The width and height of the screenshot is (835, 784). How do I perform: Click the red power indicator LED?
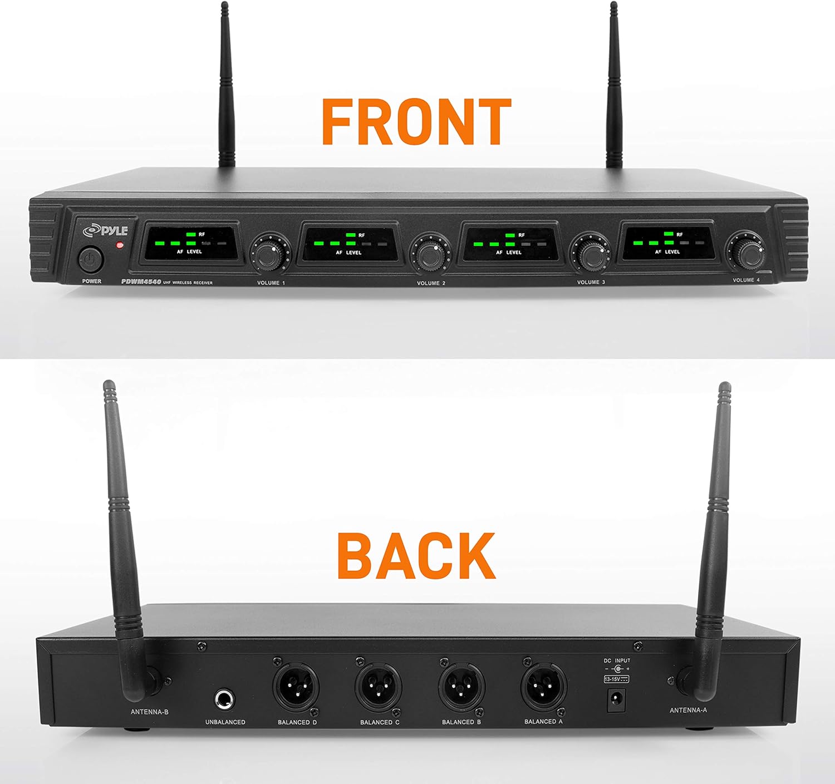[118, 245]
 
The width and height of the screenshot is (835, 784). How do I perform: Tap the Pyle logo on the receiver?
[105, 230]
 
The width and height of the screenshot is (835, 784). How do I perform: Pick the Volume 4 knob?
[745, 252]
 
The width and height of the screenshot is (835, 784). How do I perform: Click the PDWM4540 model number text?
[141, 282]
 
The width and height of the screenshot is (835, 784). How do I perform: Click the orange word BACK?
[416, 555]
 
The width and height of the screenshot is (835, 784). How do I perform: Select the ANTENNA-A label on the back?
[688, 711]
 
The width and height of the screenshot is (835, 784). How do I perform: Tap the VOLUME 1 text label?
[271, 283]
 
